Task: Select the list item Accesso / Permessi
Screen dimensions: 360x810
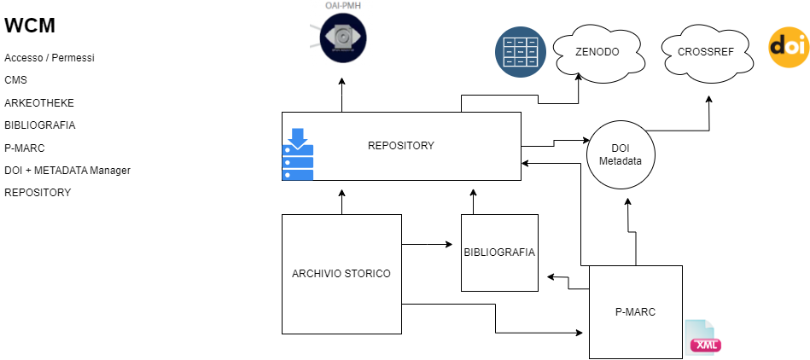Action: (x=49, y=58)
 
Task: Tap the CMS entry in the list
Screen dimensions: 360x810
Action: (x=15, y=80)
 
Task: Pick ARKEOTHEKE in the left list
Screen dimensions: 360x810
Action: (x=38, y=102)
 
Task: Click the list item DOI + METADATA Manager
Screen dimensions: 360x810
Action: (x=67, y=170)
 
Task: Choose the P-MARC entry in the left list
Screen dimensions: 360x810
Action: (x=24, y=148)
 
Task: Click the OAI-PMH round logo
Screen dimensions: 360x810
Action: (x=342, y=38)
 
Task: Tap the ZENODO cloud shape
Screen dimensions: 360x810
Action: (x=596, y=51)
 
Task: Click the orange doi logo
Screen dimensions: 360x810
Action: (x=788, y=48)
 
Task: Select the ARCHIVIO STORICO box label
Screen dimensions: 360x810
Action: (x=341, y=274)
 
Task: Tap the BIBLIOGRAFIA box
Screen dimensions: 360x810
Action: (x=499, y=253)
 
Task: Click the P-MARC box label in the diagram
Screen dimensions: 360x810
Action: (x=635, y=311)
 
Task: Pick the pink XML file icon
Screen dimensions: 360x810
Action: (x=704, y=338)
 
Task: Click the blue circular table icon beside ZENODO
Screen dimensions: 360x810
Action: (x=521, y=52)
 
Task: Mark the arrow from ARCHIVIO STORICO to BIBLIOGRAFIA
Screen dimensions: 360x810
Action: (x=427, y=246)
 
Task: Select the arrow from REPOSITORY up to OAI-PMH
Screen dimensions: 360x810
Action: (x=342, y=96)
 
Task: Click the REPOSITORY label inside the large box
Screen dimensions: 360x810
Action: (x=400, y=146)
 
